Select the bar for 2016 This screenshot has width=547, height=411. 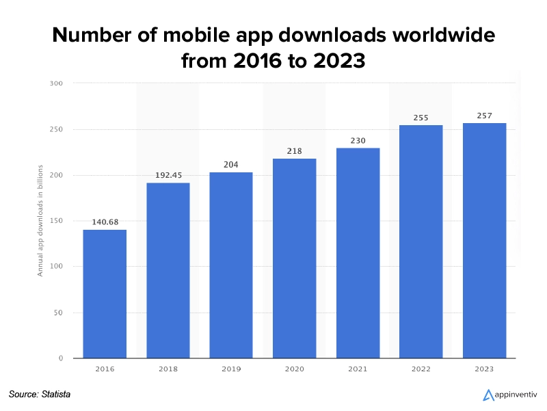tap(105, 294)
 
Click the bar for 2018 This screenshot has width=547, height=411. tap(168, 270)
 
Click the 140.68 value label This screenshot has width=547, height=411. tap(105, 222)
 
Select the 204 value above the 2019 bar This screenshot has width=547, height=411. tap(231, 164)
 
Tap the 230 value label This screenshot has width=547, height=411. tap(358, 141)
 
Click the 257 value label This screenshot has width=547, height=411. tap(484, 116)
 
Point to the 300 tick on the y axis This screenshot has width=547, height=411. tap(56, 83)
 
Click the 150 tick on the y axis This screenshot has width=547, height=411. tap(56, 221)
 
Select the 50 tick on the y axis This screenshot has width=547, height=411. tap(58, 313)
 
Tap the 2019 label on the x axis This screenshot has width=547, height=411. tap(231, 369)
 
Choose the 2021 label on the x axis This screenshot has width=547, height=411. tap(358, 369)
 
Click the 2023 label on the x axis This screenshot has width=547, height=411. tap(484, 369)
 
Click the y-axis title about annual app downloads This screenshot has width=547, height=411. tap(40, 220)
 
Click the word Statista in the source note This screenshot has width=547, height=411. tap(55, 394)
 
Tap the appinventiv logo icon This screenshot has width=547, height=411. tap(488, 395)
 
